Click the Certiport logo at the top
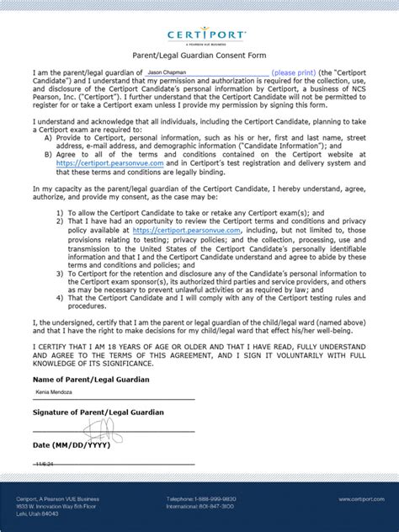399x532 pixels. (x=199, y=36)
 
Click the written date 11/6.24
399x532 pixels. (x=45, y=463)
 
